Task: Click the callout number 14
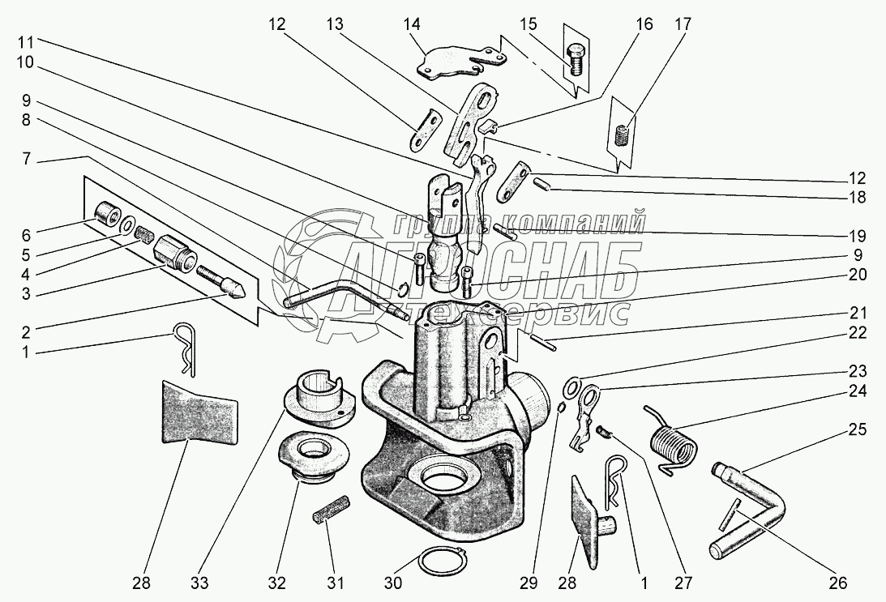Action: [x=413, y=25]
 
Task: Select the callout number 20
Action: [x=858, y=274]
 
